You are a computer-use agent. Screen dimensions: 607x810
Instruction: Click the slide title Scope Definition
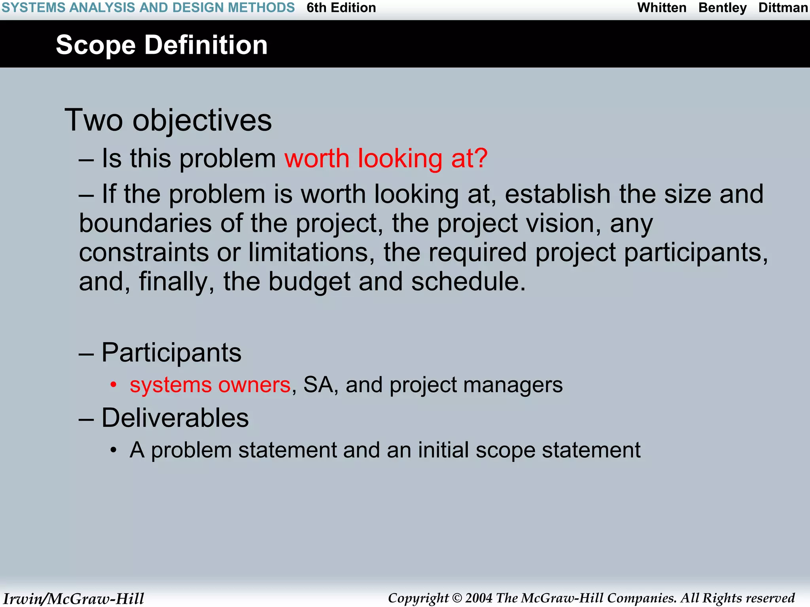[161, 45]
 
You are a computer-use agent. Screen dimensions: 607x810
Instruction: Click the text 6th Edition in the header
[341, 8]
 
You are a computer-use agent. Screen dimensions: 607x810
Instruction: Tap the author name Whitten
[662, 8]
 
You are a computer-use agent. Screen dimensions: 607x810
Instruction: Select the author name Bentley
[722, 8]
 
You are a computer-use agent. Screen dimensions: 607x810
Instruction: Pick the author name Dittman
[783, 8]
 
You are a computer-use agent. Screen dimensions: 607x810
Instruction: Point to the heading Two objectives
[168, 120]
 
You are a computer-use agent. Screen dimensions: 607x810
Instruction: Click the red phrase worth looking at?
[386, 158]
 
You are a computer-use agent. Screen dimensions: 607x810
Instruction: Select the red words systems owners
[210, 385]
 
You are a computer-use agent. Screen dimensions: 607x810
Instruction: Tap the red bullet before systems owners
[114, 385]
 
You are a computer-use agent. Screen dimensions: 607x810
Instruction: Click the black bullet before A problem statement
[114, 450]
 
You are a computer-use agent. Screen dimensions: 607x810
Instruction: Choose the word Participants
[171, 352]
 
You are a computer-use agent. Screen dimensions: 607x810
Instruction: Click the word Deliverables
[175, 418]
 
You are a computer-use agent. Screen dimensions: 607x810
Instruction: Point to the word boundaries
[145, 223]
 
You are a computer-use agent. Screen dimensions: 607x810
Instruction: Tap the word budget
[309, 282]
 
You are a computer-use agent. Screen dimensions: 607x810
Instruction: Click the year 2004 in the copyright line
[479, 598]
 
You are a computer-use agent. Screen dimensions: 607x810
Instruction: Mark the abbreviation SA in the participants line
[318, 385]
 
